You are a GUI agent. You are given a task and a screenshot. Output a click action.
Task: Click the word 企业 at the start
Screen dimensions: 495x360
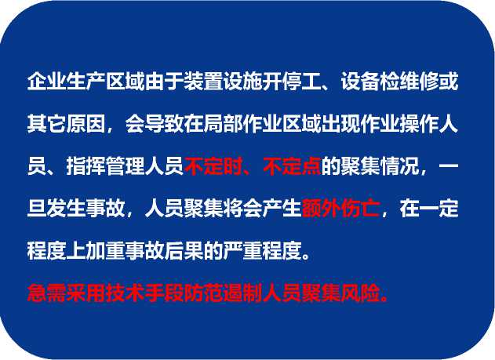[47, 82]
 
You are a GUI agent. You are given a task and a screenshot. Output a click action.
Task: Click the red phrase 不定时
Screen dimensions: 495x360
[213, 166]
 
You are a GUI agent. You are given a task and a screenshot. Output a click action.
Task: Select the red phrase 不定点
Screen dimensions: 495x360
[292, 166]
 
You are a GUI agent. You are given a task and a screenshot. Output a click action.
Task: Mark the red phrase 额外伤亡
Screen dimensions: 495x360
[340, 209]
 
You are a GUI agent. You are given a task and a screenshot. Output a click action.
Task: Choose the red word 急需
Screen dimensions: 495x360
[47, 293]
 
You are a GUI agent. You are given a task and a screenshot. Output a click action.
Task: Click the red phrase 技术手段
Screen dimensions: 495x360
[144, 293]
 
